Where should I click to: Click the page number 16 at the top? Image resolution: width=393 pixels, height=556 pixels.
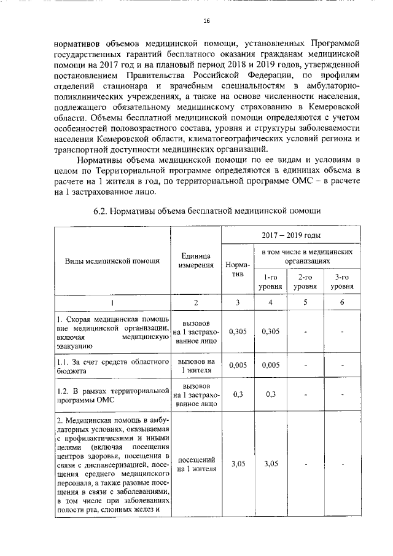[206, 20]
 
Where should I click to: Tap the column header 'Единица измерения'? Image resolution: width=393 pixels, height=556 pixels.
[196, 260]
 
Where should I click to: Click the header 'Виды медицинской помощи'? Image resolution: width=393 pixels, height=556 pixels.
[112, 260]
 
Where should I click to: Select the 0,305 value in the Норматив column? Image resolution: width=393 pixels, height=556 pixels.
[237, 332]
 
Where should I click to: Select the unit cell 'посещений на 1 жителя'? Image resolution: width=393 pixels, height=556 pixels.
[196, 464]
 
